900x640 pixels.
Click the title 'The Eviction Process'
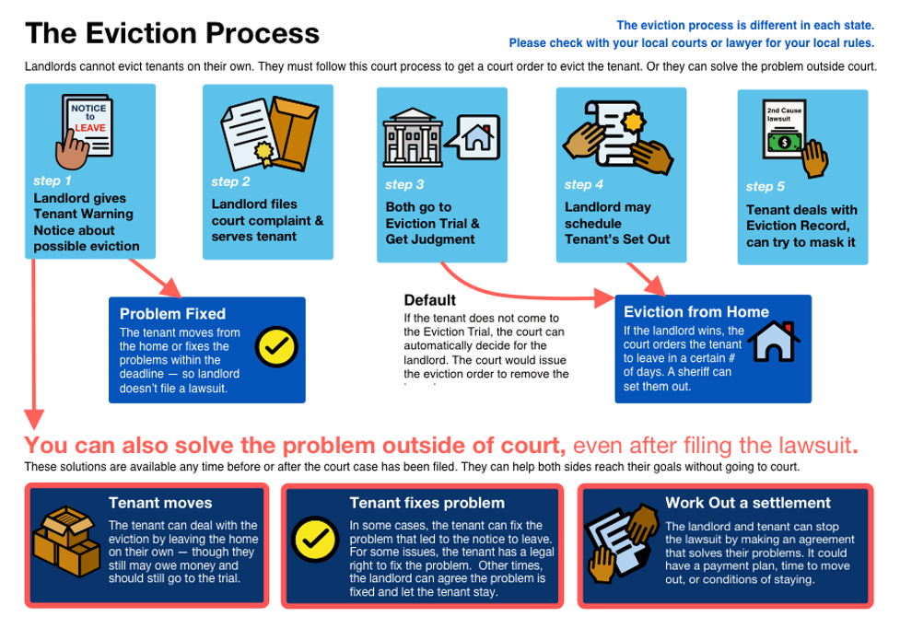coord(172,34)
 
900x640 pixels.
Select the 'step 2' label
coord(230,181)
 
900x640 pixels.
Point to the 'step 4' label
coord(584,184)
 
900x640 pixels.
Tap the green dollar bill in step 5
coord(784,143)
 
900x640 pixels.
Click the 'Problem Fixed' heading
coord(172,314)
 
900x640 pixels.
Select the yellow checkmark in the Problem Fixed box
coord(275,346)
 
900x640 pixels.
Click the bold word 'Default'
coord(429,300)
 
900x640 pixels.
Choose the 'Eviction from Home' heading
coord(696,312)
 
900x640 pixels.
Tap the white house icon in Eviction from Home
coord(773,341)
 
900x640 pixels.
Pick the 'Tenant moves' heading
coord(160,503)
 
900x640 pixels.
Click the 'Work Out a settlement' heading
coord(748,503)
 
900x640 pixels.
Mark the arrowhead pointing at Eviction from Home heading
coord(605,298)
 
